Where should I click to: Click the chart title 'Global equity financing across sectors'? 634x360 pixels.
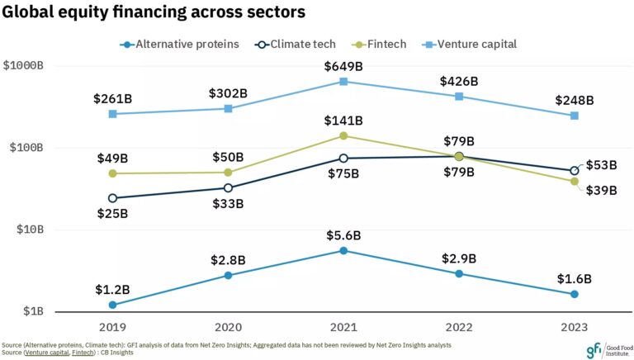pyautogui.click(x=153, y=12)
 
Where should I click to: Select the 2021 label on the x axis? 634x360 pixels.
pyautogui.click(x=343, y=326)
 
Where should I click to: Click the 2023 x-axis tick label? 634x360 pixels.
pyautogui.click(x=575, y=326)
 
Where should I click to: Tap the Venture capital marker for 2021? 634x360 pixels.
pyautogui.click(x=343, y=81)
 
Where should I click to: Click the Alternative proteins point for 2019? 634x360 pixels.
pyautogui.click(x=112, y=305)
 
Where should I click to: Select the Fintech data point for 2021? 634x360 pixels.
pyautogui.click(x=343, y=135)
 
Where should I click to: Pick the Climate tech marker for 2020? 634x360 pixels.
pyautogui.click(x=228, y=188)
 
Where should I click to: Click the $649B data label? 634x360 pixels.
pyautogui.click(x=343, y=64)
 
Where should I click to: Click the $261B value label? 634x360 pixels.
pyautogui.click(x=112, y=98)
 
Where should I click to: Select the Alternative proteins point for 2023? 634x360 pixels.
pyautogui.click(x=575, y=295)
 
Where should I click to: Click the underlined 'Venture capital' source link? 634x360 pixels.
pyautogui.click(x=45, y=353)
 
